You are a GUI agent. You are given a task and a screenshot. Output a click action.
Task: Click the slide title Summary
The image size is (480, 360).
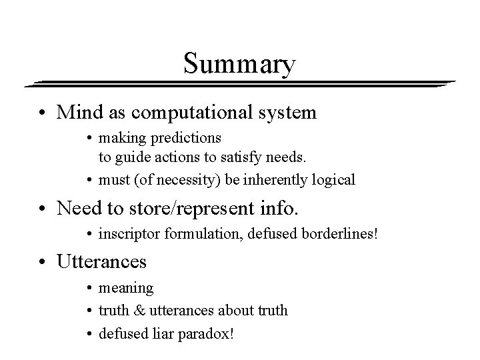[239, 65]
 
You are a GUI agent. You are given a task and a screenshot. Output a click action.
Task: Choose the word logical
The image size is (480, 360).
[333, 179]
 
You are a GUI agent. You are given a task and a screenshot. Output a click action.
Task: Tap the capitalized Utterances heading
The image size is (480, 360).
[102, 261]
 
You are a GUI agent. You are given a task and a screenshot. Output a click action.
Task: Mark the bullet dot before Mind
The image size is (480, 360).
[47, 113]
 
